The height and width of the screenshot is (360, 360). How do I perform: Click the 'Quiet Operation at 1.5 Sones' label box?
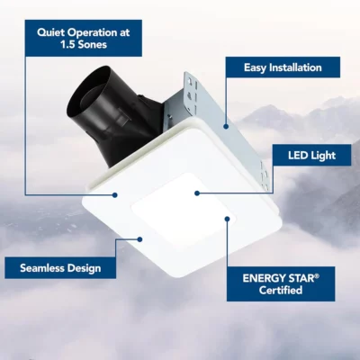84,38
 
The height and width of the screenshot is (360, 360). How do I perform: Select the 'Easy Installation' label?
283,67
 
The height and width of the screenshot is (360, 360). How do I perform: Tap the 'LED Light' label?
311,155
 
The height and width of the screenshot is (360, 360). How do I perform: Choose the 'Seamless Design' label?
60,268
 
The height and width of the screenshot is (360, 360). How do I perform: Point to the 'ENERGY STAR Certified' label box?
281,283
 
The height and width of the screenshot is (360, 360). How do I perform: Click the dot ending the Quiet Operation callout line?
114,195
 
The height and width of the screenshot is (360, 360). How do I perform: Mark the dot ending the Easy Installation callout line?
226,127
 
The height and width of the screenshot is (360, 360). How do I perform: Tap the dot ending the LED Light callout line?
197,193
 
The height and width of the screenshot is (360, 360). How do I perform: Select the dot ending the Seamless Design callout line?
139,239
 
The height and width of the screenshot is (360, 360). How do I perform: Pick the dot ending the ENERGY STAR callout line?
228,219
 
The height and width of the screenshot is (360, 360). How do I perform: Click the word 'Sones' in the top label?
92,44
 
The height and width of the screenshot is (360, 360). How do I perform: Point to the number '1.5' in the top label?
67,44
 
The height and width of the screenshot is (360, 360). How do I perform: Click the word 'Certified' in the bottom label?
281,290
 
